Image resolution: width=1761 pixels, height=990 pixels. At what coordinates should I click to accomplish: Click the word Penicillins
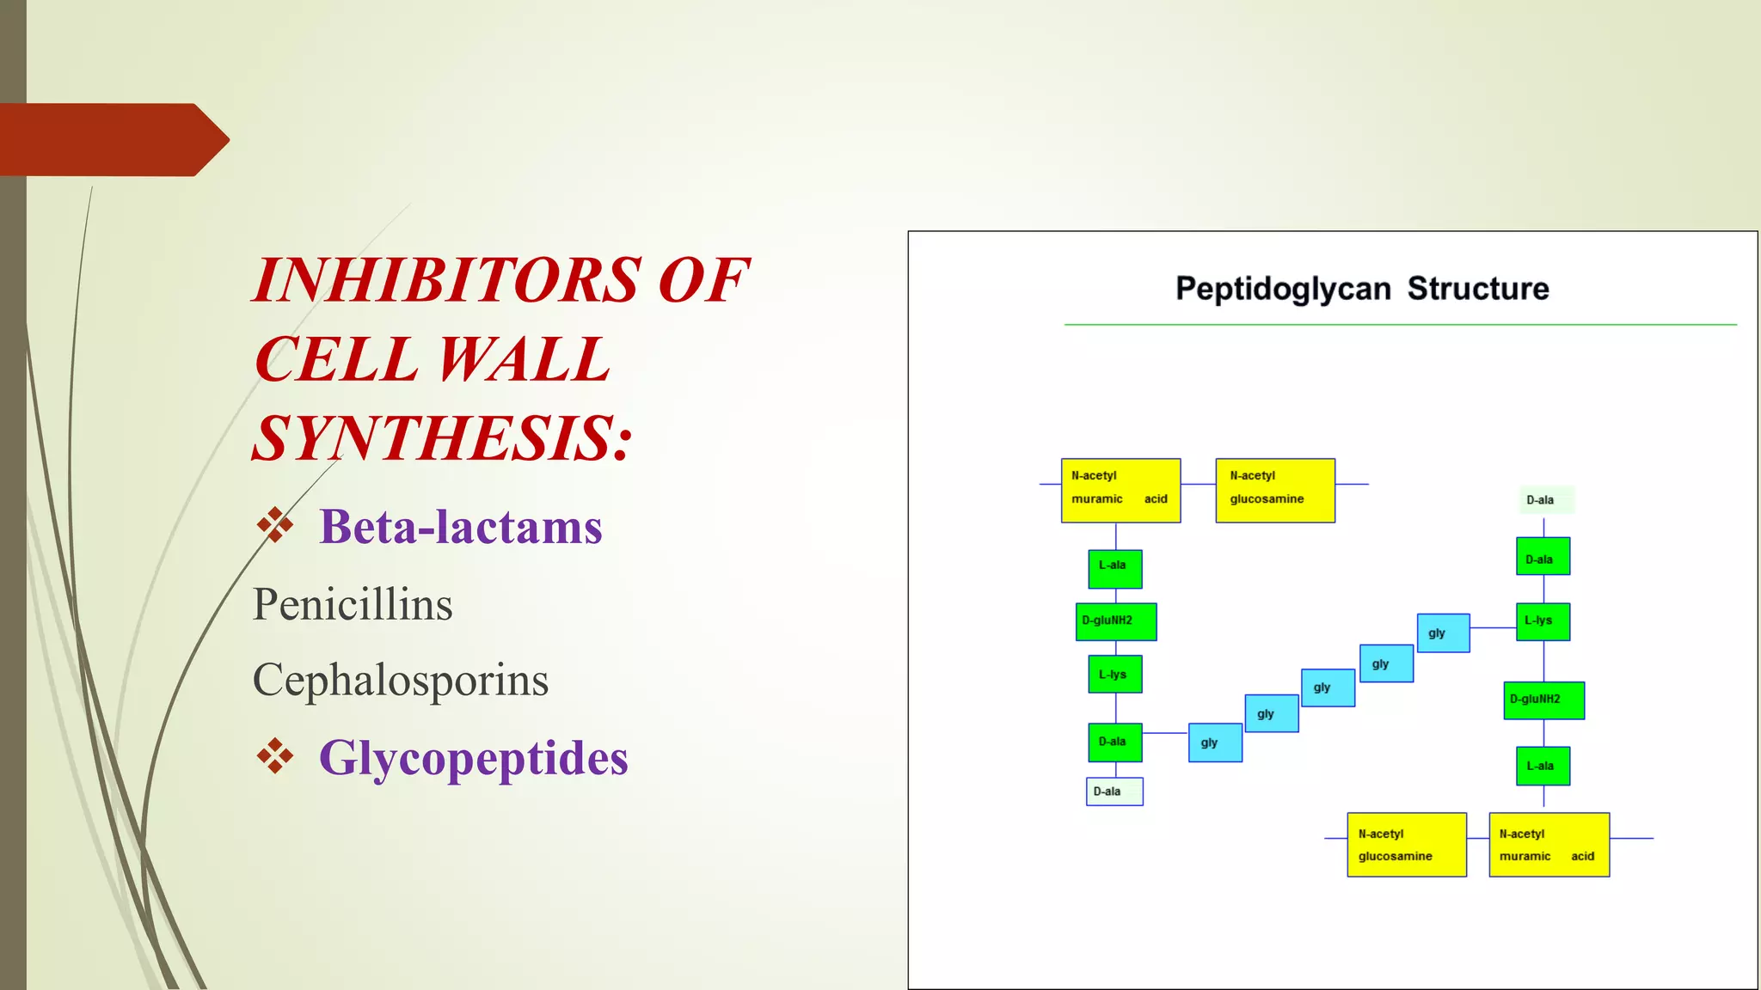coord(353,604)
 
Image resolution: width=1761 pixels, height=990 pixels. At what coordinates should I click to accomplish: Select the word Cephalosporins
coord(400,680)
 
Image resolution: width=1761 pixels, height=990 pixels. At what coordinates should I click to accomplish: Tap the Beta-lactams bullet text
coord(460,527)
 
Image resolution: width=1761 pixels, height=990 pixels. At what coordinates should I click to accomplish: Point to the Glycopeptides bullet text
coord(473,758)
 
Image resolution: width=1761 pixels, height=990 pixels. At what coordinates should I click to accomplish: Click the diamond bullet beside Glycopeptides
coord(274,756)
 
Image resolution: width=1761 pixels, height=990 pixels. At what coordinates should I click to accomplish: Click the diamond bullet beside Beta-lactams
coord(274,525)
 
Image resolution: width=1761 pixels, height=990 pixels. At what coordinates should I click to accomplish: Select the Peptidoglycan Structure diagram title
coord(1361,289)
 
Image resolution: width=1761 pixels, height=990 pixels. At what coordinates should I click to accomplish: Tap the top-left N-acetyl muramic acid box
coord(1120,491)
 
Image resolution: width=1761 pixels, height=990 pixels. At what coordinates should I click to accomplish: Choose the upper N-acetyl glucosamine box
coord(1275,491)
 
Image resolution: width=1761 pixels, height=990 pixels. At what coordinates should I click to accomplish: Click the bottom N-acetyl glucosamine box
coord(1407,845)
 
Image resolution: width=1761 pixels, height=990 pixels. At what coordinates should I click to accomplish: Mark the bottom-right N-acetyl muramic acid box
coord(1549,845)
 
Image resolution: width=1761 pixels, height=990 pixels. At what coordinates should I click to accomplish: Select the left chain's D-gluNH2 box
coord(1115,621)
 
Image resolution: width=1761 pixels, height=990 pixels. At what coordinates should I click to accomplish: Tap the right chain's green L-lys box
coord(1543,621)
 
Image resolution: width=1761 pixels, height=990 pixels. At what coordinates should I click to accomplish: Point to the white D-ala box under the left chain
coord(1114,791)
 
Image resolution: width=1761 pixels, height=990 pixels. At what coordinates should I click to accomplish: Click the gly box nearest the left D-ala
coord(1215,742)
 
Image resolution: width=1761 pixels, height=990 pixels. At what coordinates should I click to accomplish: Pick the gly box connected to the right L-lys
coord(1443,633)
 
